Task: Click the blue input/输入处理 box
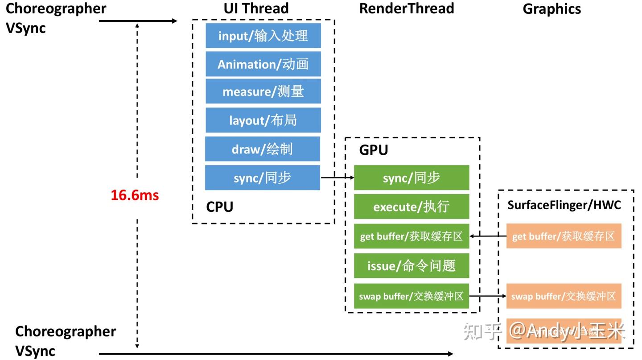(x=263, y=36)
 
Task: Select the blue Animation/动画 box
(x=263, y=64)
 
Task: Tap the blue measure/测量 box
(x=263, y=92)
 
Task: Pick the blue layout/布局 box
(x=263, y=120)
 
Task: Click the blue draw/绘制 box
(x=263, y=149)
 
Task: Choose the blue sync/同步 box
(x=263, y=178)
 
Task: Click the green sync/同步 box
(x=412, y=178)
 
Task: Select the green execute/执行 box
(x=412, y=207)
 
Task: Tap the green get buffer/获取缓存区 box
(x=412, y=236)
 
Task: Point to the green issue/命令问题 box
(x=412, y=266)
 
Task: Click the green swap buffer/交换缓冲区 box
(x=412, y=296)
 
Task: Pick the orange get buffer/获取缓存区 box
(x=564, y=236)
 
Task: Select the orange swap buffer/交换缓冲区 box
(x=564, y=296)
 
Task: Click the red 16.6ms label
(x=135, y=195)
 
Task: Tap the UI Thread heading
(x=256, y=8)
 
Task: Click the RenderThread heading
(x=407, y=8)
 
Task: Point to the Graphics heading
(x=551, y=9)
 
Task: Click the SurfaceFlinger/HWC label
(x=564, y=205)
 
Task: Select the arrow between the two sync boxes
(x=337, y=178)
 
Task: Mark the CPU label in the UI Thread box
(x=219, y=207)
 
